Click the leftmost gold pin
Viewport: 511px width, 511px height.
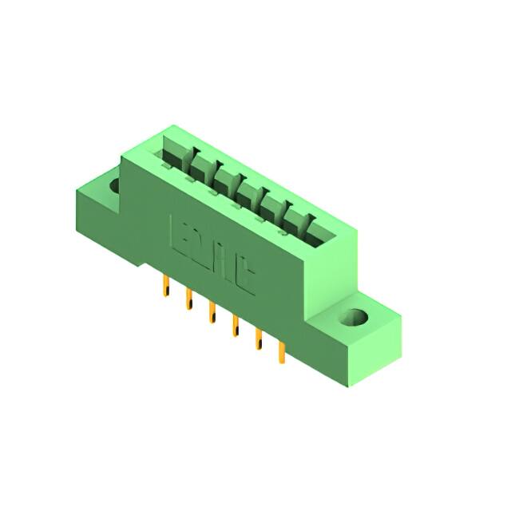(x=166, y=286)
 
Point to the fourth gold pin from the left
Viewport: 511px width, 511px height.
(x=236, y=326)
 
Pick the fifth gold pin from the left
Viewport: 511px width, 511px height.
(x=258, y=339)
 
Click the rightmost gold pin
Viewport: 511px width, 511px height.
(x=281, y=352)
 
